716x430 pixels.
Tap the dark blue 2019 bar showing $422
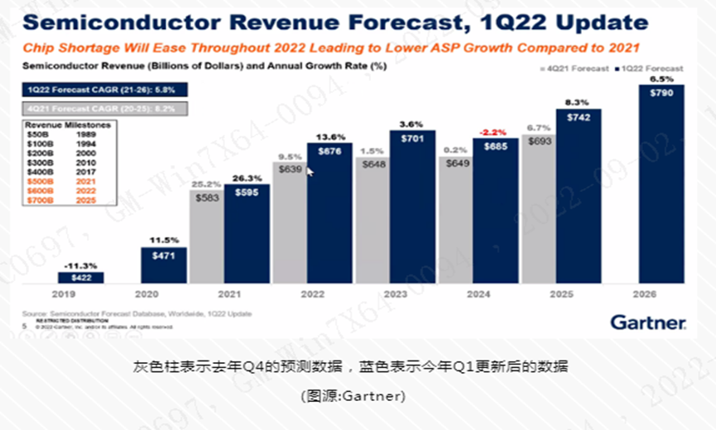(81, 278)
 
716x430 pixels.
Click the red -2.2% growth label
(496, 131)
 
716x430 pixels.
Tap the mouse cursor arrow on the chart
(310, 170)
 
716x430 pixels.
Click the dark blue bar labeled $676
(329, 215)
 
